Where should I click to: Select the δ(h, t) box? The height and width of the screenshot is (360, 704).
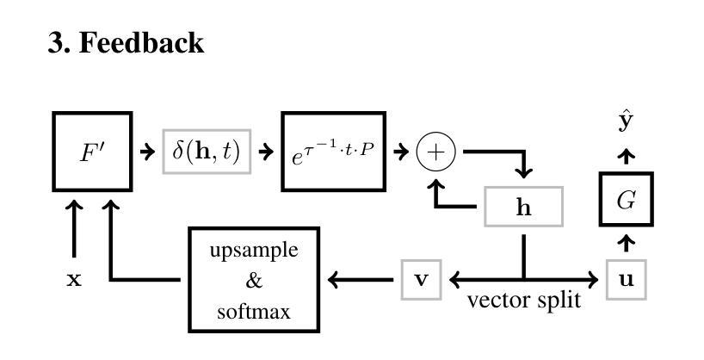click(207, 152)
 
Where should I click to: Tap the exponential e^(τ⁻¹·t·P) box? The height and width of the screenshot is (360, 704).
click(333, 152)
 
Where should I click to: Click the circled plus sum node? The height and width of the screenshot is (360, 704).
click(435, 152)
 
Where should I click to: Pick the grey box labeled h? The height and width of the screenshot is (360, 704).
click(523, 207)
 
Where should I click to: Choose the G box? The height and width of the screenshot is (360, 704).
click(627, 198)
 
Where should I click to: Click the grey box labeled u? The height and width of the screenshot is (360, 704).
click(627, 279)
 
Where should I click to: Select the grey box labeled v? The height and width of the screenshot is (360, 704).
click(422, 279)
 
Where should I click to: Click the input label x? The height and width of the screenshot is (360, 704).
click(75, 279)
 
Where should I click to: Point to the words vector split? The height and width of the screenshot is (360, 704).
click(524, 301)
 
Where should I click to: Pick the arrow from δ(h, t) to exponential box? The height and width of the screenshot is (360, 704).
click(267, 152)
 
